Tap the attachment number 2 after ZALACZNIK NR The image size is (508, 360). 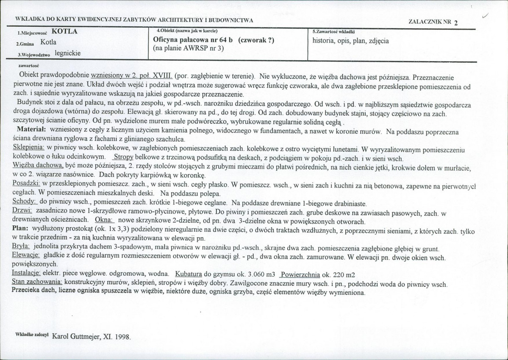[455, 23]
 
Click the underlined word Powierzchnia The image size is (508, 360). [300, 274]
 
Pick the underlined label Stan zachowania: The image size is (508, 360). [37, 282]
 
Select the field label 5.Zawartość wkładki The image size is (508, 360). [333, 32]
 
